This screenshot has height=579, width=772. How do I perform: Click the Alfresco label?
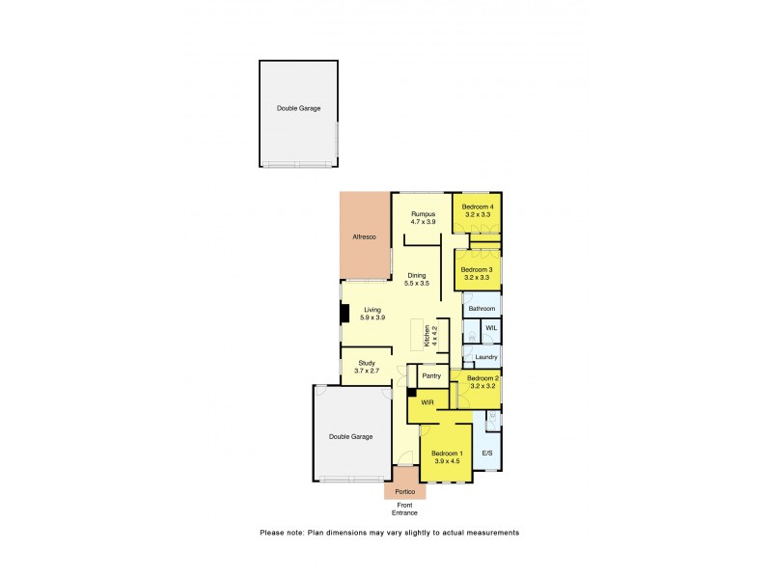(x=363, y=236)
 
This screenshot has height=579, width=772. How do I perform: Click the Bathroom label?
(x=482, y=309)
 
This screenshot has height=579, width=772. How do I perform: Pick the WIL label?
(x=490, y=329)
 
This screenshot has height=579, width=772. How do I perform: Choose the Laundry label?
(x=485, y=357)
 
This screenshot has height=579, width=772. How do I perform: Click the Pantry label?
(x=430, y=376)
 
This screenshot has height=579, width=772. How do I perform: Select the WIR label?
(x=427, y=401)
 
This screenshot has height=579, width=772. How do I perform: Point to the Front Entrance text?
(x=404, y=509)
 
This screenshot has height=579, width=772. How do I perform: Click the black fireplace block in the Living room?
(x=344, y=315)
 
